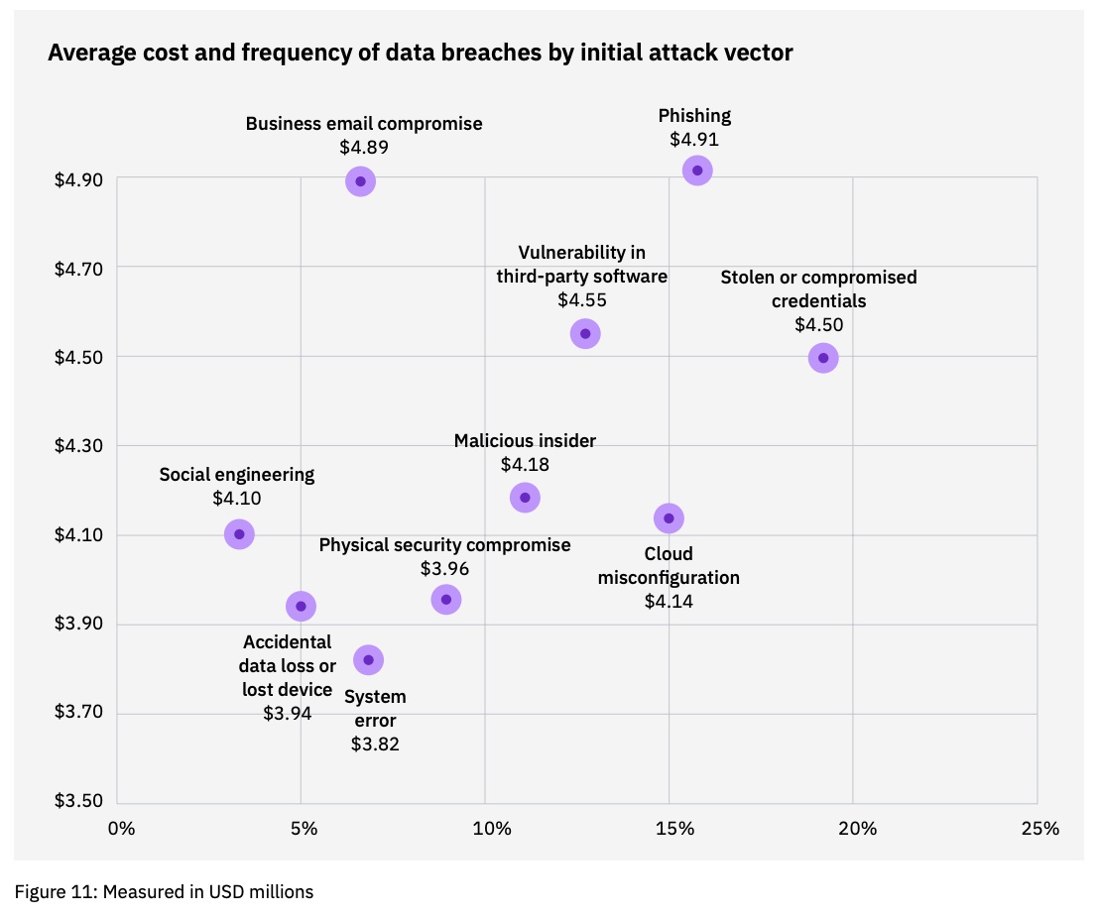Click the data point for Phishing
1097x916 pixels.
pyautogui.click(x=697, y=171)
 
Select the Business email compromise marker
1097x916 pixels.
pyautogui.click(x=361, y=181)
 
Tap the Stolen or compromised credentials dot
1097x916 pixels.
pyautogui.click(x=822, y=358)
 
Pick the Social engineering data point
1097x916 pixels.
pyautogui.click(x=239, y=534)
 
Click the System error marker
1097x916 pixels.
pyautogui.click(x=368, y=660)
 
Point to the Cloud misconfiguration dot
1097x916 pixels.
pyautogui.click(x=670, y=517)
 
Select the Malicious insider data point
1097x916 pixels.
pyautogui.click(x=525, y=497)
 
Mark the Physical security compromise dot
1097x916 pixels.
pyautogui.click(x=446, y=599)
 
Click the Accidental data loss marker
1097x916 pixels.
pyautogui.click(x=301, y=606)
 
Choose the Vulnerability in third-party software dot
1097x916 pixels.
pyautogui.click(x=585, y=333)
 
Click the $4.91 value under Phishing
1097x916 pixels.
pyautogui.click(x=694, y=140)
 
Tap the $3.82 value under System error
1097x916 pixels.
pyautogui.click(x=375, y=744)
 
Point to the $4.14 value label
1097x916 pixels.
pyautogui.click(x=669, y=601)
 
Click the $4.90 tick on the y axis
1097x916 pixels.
pyautogui.click(x=78, y=179)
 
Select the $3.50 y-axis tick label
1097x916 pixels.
pyautogui.click(x=78, y=803)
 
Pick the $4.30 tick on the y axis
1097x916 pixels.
pyautogui.click(x=78, y=447)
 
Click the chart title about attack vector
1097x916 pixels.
pyautogui.click(x=421, y=54)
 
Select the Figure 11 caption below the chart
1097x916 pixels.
pyautogui.click(x=165, y=892)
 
